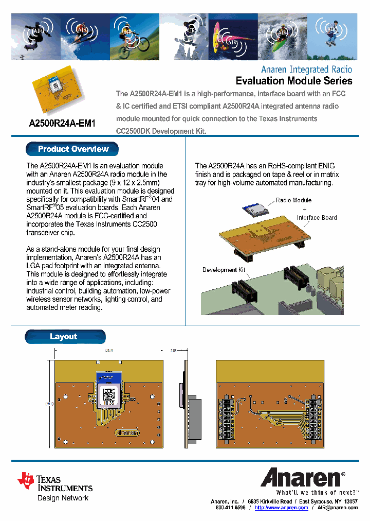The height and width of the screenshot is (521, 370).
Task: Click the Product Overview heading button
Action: pos(72,149)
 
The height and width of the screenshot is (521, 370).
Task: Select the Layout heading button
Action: pos(65,337)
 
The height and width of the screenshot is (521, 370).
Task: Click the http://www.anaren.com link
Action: pos(281,508)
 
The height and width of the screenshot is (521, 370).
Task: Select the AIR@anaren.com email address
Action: pos(337,508)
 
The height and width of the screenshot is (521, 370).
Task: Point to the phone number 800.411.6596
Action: pos(230,508)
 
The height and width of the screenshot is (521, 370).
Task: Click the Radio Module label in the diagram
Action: pos(293,200)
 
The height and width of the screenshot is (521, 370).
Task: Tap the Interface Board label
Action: pos(317,218)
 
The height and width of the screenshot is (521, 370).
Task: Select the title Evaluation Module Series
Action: pos(293,81)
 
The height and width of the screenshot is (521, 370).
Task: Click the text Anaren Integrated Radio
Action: pos(306,69)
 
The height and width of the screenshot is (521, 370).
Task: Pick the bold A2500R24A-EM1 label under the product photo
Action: pos(62,124)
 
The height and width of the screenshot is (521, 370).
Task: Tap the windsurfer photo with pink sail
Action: pos(233,37)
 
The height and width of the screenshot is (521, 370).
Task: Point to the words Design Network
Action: pos(63,498)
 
